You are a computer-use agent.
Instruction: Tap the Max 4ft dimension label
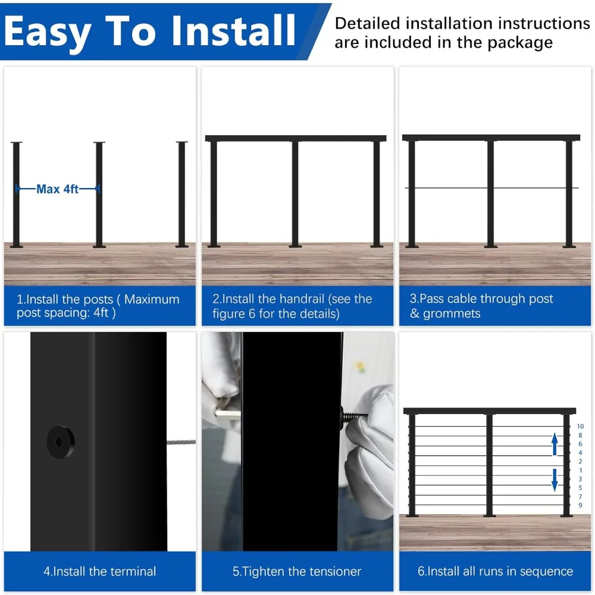click(57, 189)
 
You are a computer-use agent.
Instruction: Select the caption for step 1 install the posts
click(98, 306)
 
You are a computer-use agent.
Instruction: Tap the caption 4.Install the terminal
click(100, 571)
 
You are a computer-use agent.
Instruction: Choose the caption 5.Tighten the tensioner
click(297, 571)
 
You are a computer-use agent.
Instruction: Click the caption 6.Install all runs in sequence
click(495, 571)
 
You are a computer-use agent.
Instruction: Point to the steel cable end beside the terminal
click(181, 442)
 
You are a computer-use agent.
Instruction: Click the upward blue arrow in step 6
click(555, 444)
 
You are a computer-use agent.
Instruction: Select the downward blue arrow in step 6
click(555, 480)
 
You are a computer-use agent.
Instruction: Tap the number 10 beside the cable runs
click(580, 427)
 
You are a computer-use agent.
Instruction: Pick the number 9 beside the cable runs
click(580, 505)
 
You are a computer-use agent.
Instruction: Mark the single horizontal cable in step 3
click(452, 188)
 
